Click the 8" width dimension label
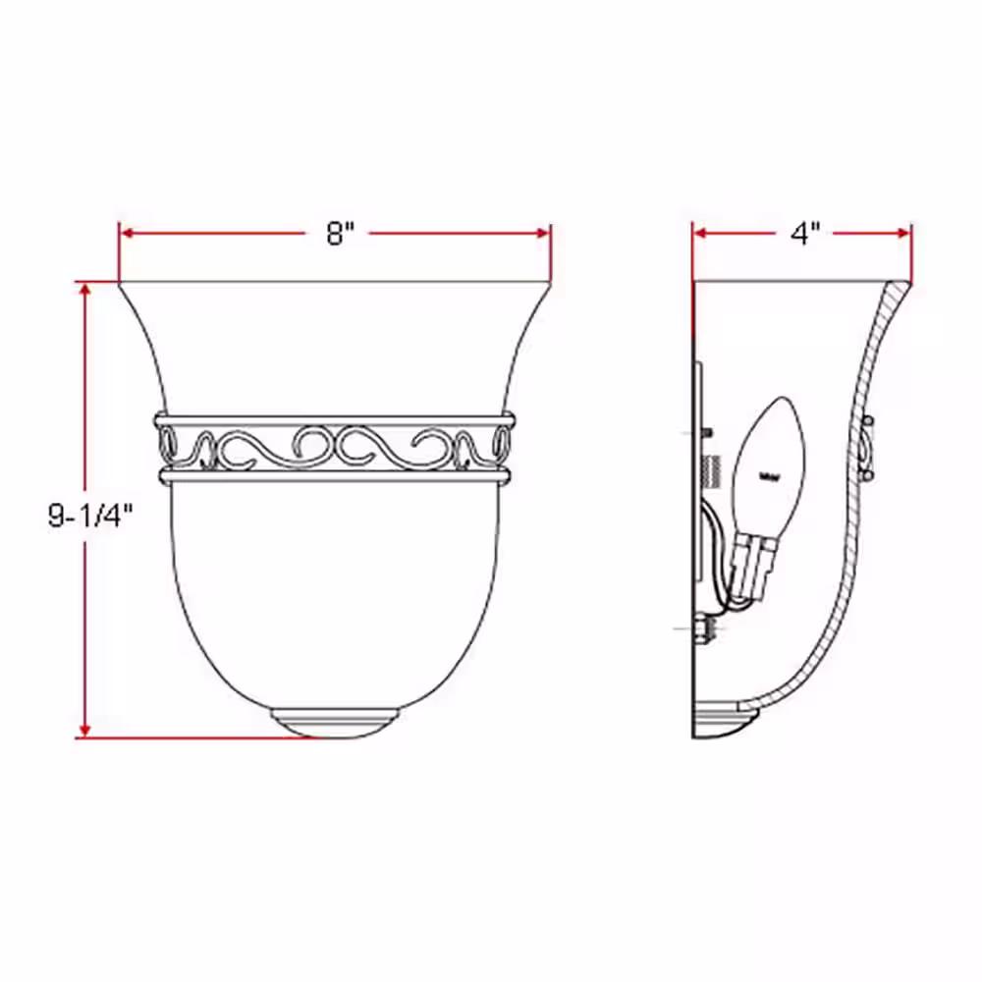coord(339,235)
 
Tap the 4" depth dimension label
coord(804,235)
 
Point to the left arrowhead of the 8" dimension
coord(127,234)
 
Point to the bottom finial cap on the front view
coord(336,722)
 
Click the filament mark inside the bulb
coord(771,478)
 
